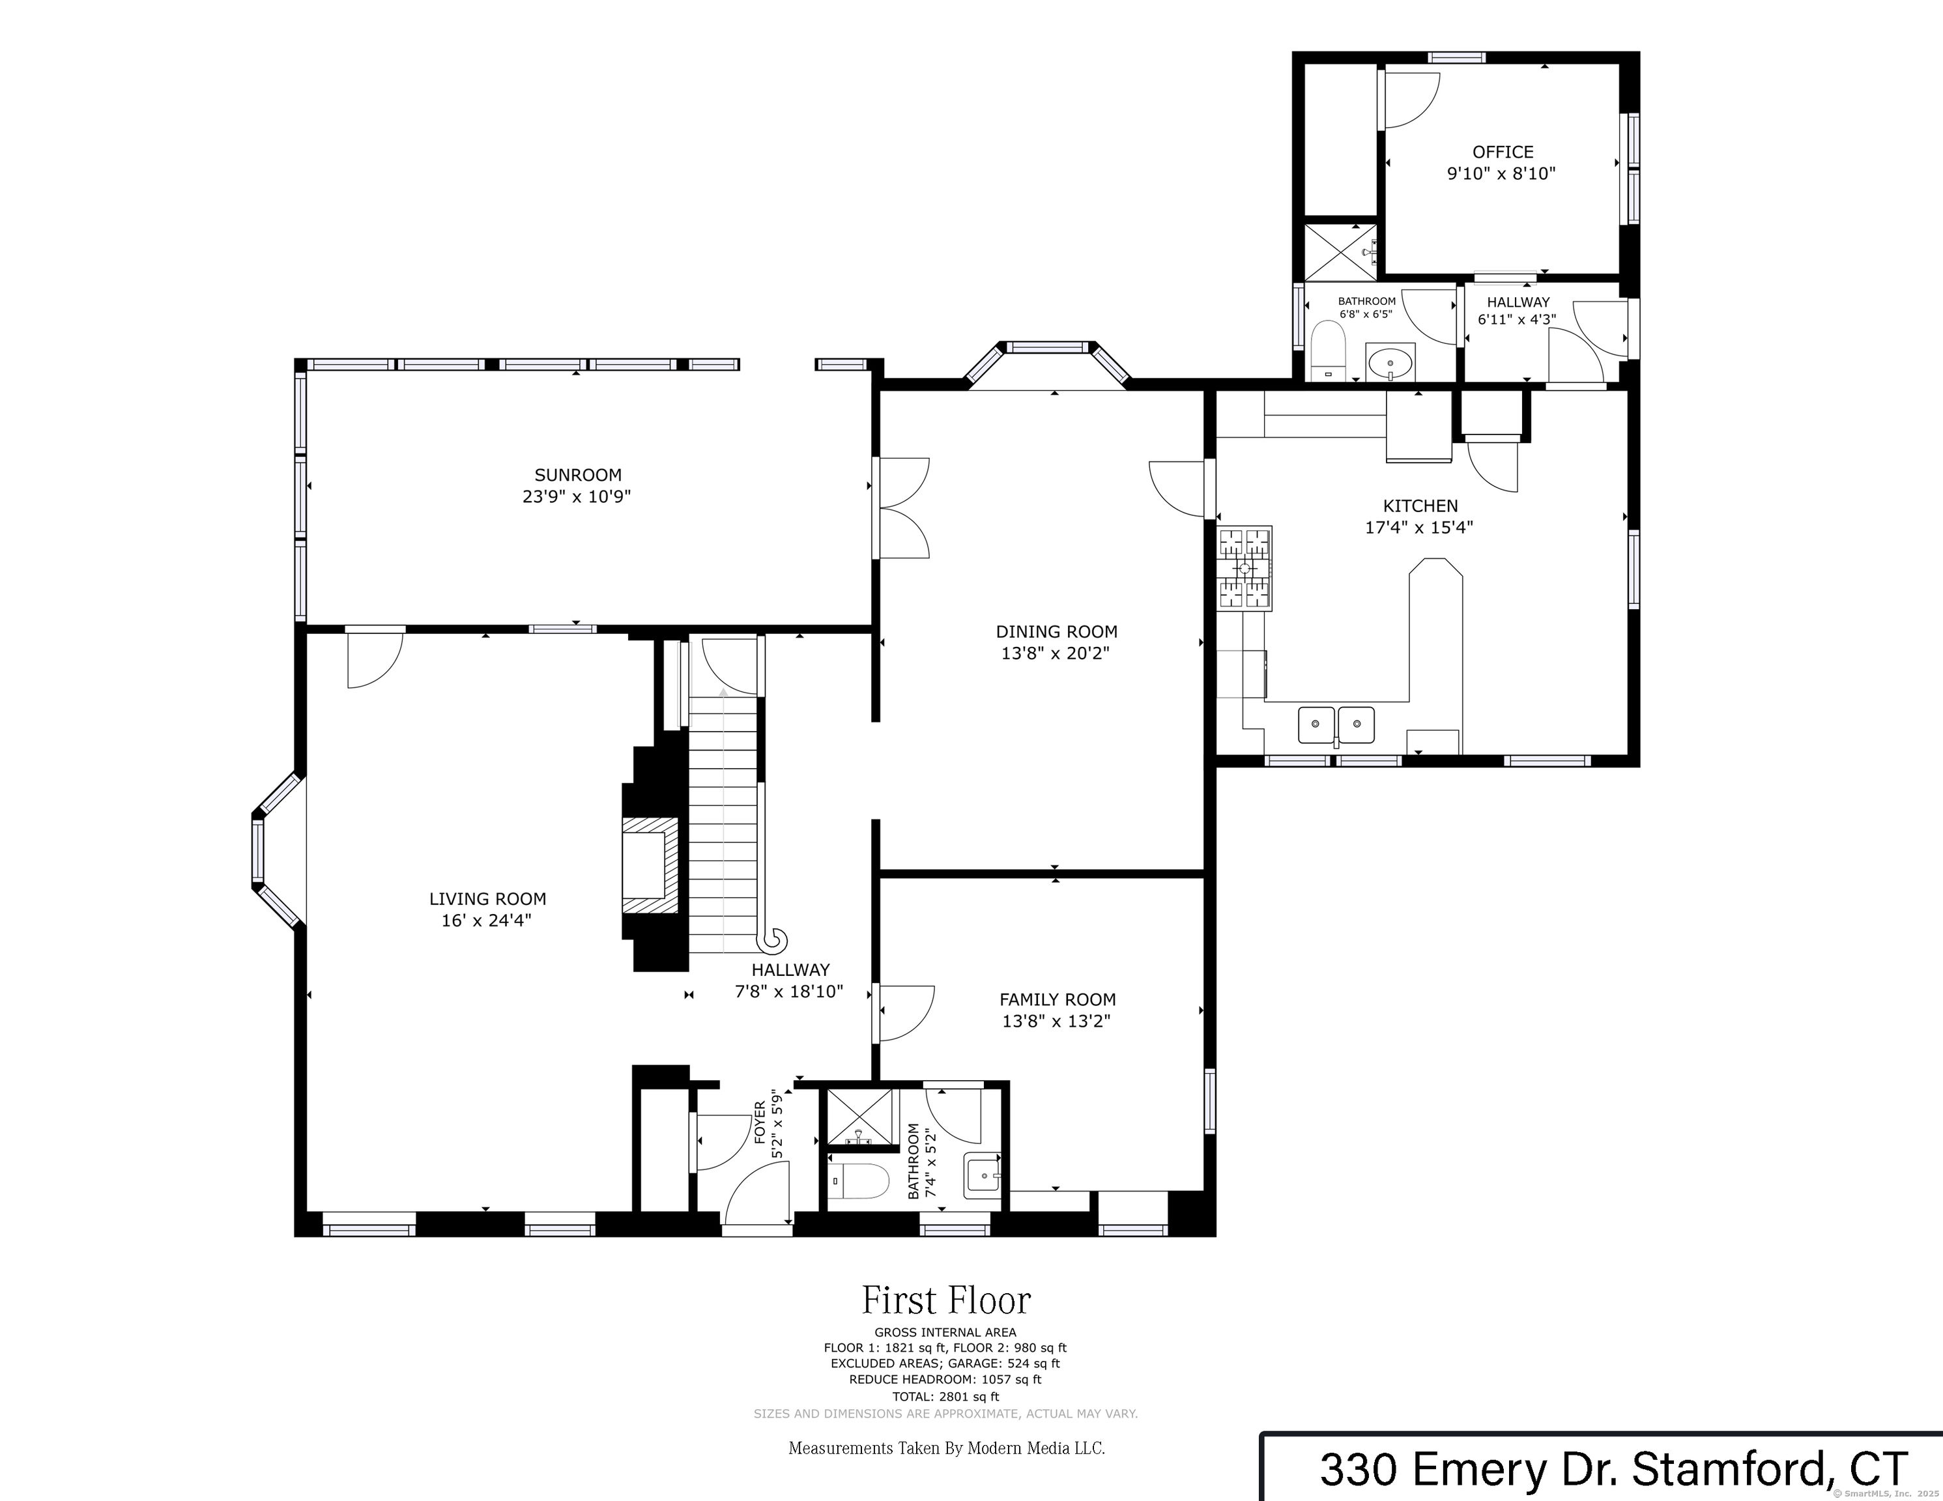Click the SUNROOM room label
coord(577,475)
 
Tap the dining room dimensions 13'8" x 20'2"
coord(1056,653)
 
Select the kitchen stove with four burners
coord(1245,569)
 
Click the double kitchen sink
coord(1336,724)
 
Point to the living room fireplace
coord(650,864)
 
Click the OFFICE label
coord(1503,152)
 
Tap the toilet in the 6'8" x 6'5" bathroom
coord(1329,350)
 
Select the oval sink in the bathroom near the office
coord(1390,362)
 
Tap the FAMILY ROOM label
coord(1057,999)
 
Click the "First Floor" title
coord(945,1301)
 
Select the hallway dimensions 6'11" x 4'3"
coord(1517,319)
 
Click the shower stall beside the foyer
coord(860,1117)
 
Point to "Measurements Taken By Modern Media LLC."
coord(947,1448)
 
